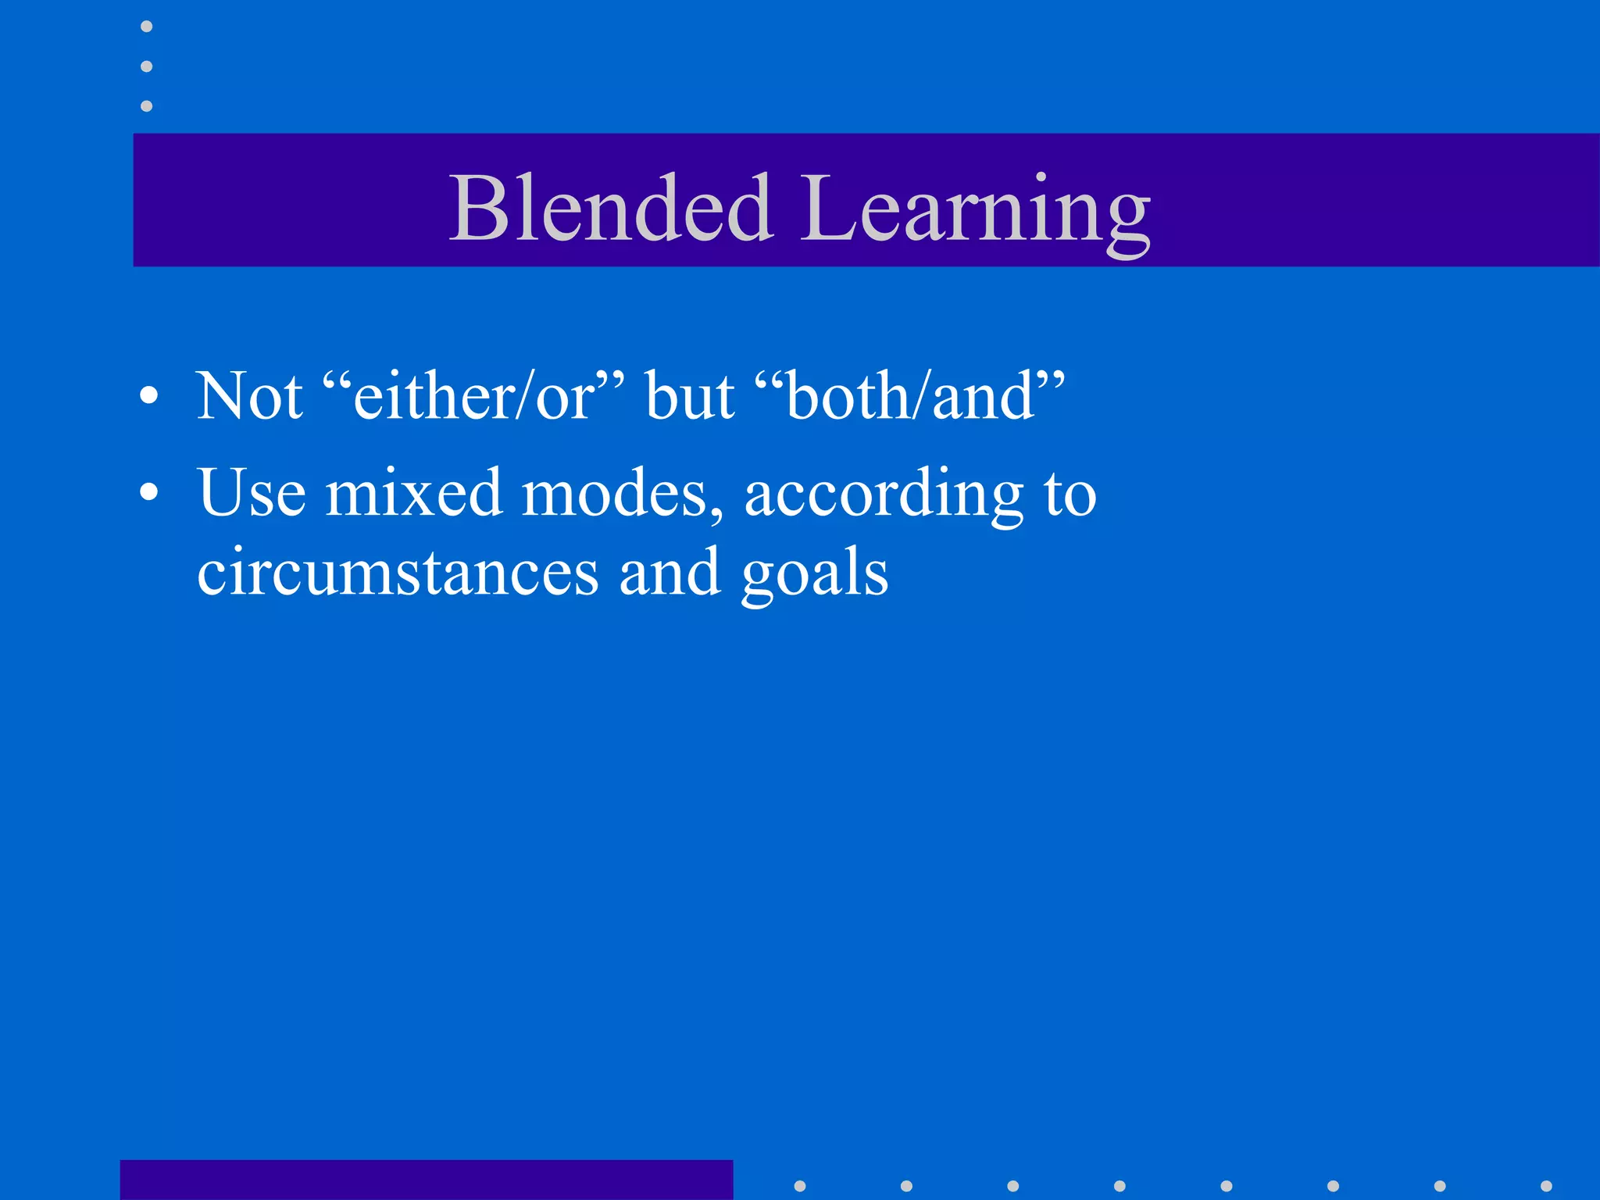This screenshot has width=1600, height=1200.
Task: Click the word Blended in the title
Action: (611, 208)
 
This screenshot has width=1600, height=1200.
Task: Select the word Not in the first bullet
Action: (249, 396)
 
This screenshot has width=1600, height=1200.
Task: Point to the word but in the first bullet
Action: (690, 396)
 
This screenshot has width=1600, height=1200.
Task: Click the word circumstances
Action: (398, 572)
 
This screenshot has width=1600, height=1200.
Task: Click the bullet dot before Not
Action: (148, 396)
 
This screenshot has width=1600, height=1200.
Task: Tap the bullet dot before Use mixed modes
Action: (148, 492)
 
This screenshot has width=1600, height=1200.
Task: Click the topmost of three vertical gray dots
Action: (146, 27)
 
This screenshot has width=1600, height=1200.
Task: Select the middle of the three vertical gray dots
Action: (146, 66)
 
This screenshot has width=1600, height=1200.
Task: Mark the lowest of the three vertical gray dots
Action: (146, 105)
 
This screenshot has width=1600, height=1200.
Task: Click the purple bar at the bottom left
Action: (426, 1180)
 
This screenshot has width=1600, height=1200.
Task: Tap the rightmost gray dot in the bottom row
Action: (1546, 1186)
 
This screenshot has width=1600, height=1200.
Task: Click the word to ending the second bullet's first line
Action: (1070, 494)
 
